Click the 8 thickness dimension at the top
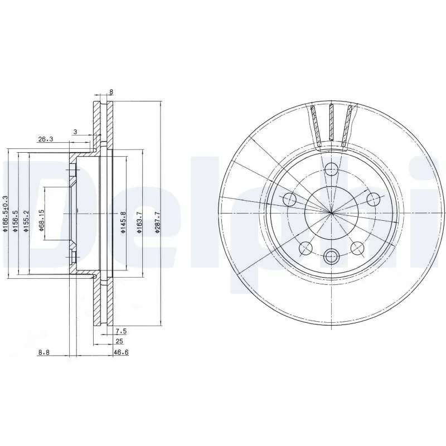(x=112, y=92)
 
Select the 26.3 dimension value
(x=46, y=140)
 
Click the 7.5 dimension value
(x=122, y=331)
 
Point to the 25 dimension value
(x=119, y=341)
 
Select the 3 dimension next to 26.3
(x=75, y=132)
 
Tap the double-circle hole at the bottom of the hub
(x=332, y=256)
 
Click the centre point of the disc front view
(x=332, y=212)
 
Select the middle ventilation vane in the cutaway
(x=331, y=125)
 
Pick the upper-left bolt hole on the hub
(x=290, y=199)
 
